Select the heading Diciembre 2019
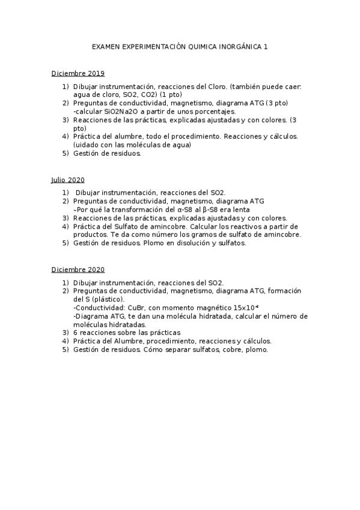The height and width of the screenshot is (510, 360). pos(78,73)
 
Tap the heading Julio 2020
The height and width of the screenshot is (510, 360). pos(67,180)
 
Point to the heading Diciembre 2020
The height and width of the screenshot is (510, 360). pos(78,269)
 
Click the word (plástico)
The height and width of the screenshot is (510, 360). pos(106,299)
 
